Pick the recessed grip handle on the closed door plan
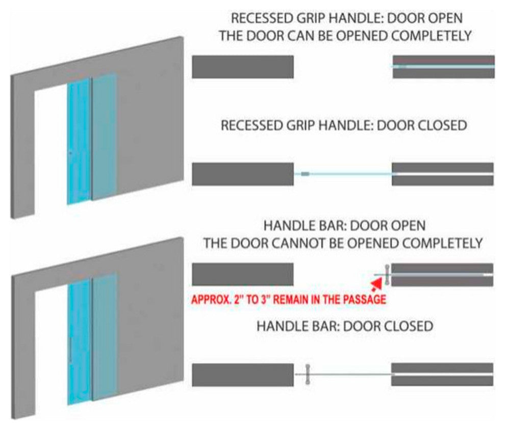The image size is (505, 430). coord(305,174)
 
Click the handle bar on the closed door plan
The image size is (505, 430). coord(308,374)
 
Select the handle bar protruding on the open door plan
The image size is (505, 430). coord(387,275)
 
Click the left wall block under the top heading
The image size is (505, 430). coord(243,67)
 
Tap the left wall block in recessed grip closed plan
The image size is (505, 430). coord(243,174)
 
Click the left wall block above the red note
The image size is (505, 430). coord(243,274)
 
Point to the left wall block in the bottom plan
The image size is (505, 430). coord(243,375)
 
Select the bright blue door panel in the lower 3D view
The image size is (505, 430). coord(79,342)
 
